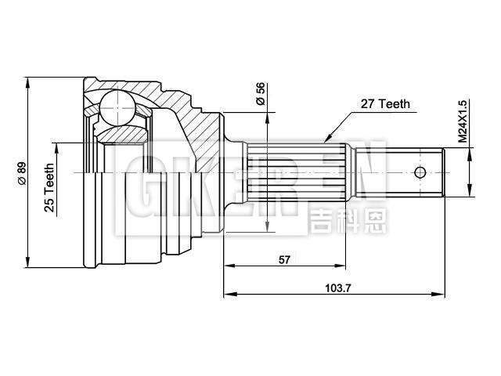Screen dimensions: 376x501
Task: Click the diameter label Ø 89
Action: tap(21, 171)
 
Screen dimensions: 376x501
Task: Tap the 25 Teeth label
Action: tap(49, 188)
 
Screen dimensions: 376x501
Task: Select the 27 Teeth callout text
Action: tap(385, 103)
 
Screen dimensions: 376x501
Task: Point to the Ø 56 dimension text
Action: tap(260, 94)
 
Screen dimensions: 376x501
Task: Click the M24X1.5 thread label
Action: tap(462, 121)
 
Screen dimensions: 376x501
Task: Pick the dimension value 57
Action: tap(283, 260)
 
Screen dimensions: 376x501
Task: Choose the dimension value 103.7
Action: tap(337, 288)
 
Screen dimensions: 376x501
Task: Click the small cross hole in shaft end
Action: tap(420, 172)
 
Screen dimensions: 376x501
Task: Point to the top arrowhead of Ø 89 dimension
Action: tap(28, 81)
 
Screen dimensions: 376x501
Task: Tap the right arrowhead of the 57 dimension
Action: tap(345, 266)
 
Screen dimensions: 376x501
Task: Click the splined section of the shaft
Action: tap(297, 172)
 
